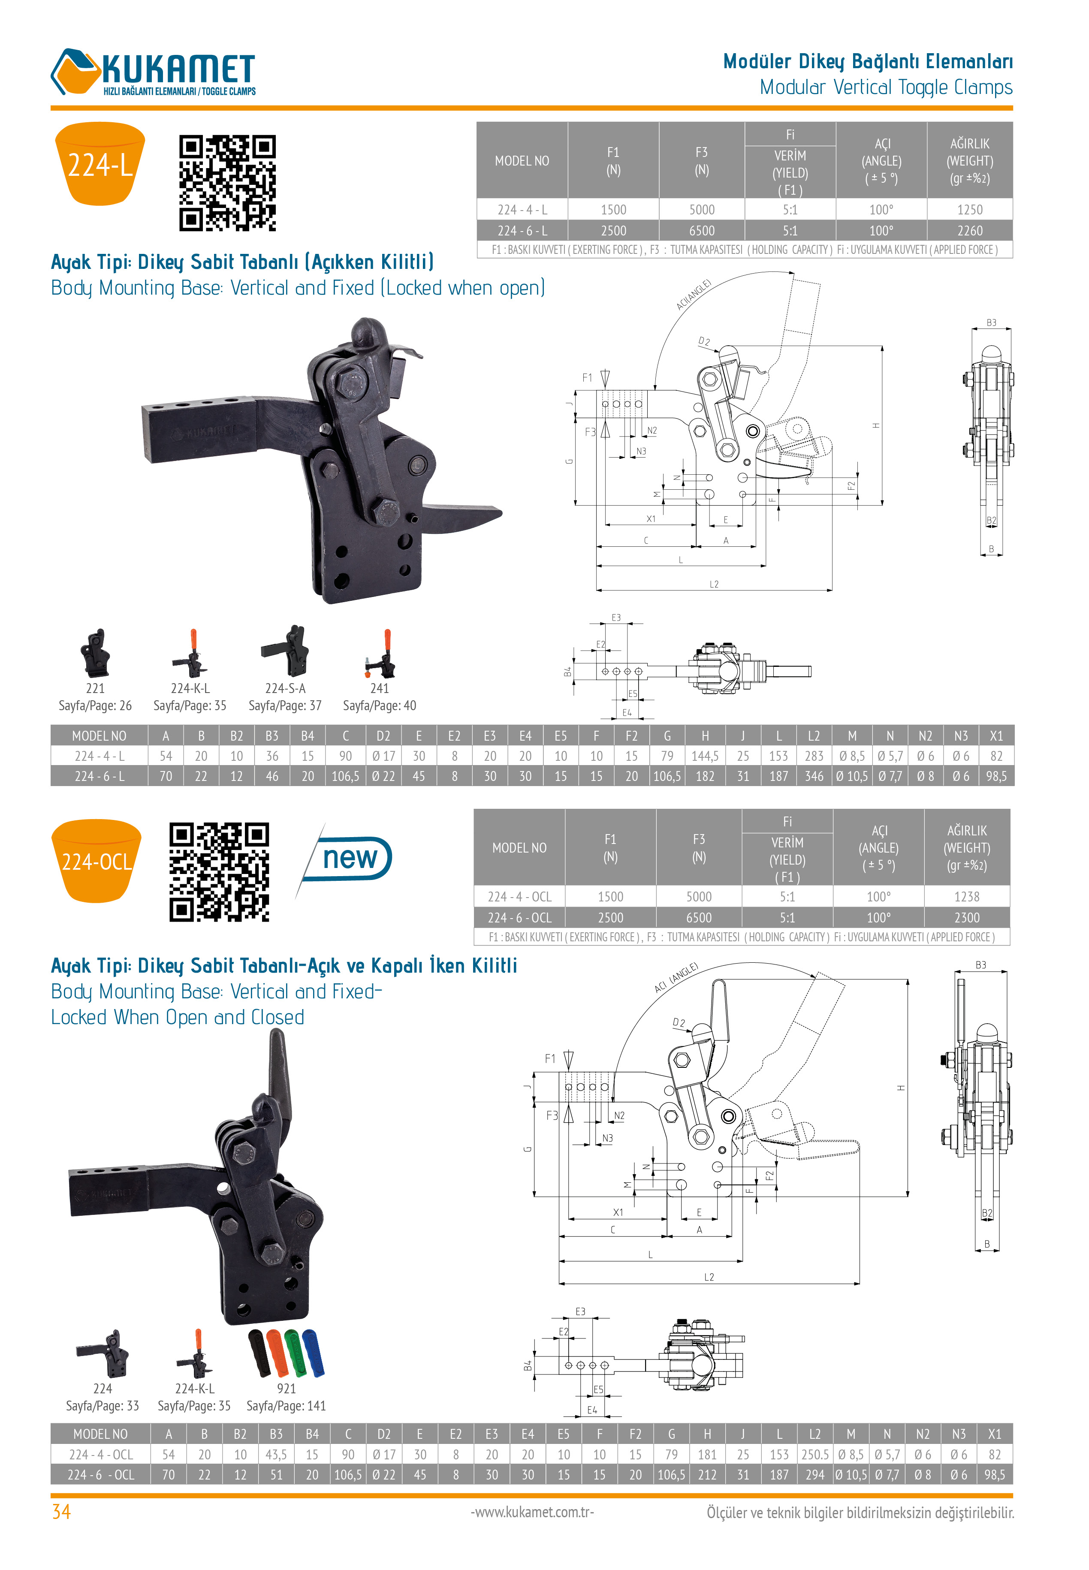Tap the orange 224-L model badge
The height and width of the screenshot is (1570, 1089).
pyautogui.click(x=100, y=164)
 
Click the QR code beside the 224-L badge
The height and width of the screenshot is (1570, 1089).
pyautogui.click(x=227, y=183)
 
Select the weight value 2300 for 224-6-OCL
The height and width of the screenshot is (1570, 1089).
pyautogui.click(x=966, y=917)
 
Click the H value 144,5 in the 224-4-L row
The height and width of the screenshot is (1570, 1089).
pyautogui.click(x=704, y=756)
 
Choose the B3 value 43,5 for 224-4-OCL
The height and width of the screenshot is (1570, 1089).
pyautogui.click(x=276, y=1454)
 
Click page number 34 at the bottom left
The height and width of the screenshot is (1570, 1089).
pyautogui.click(x=61, y=1512)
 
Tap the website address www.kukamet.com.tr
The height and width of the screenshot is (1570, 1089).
pyautogui.click(x=532, y=1512)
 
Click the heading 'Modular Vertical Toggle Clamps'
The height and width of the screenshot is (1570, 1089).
pyautogui.click(x=886, y=87)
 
